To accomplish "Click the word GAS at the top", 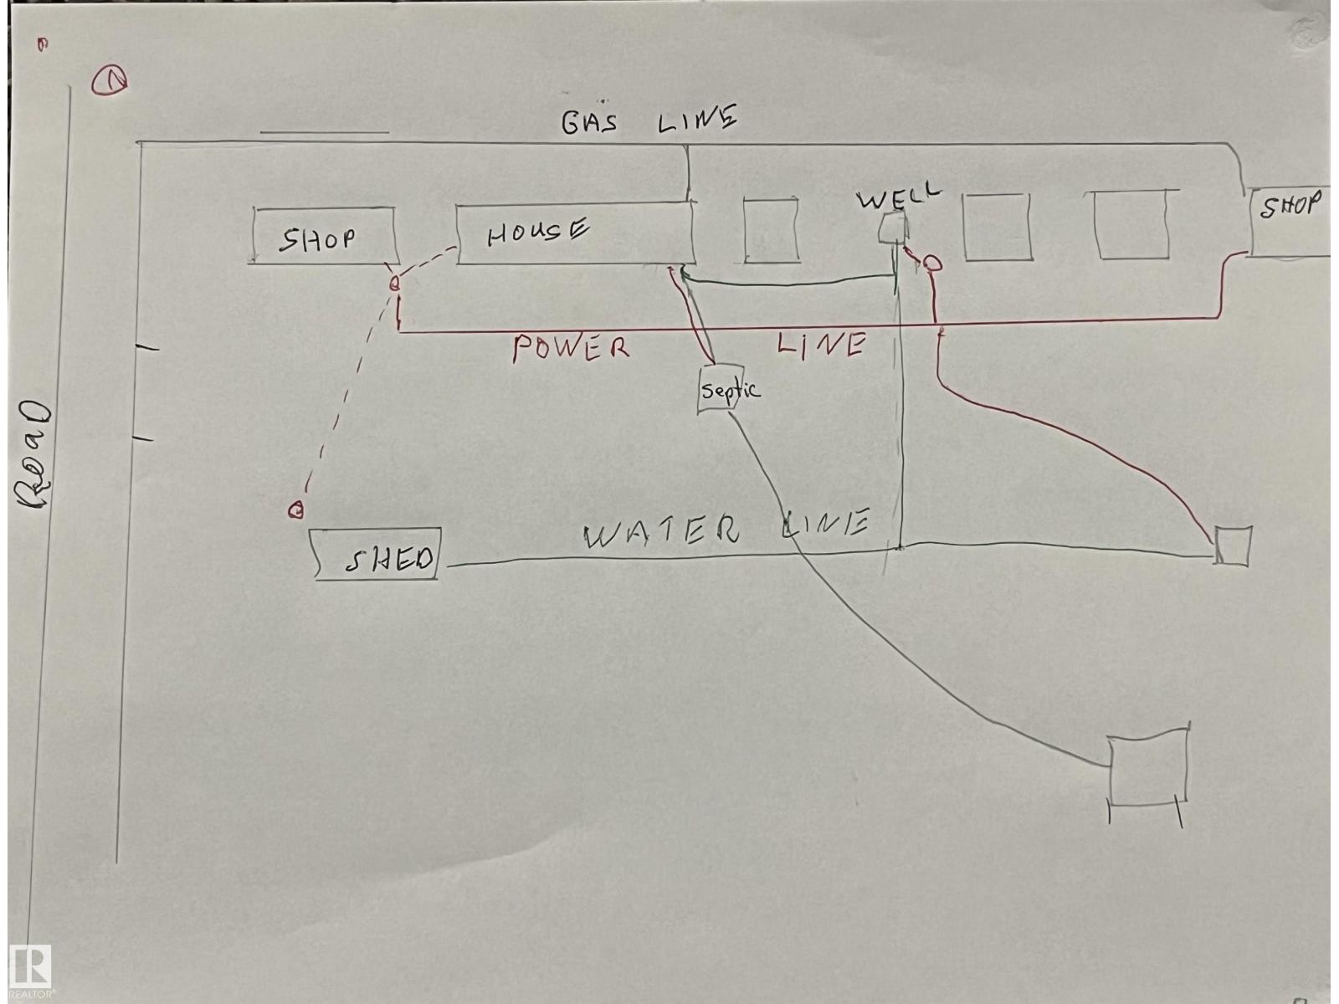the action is tap(589, 121).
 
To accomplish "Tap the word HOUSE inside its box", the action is tap(537, 233).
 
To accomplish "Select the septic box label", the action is tap(731, 390).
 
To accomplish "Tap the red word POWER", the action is tap(571, 348).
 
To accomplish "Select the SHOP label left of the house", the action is tap(316, 239).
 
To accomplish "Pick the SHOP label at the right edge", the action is tap(1290, 205).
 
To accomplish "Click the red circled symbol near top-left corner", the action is tap(109, 80).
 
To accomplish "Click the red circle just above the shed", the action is tap(296, 510).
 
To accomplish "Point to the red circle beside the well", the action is tap(931, 264).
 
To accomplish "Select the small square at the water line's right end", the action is tap(1232, 546).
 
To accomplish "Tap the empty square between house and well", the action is tap(771, 230).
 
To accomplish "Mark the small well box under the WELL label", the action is tap(892, 228).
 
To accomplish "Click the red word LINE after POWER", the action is tap(821, 345).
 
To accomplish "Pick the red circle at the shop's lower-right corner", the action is tap(395, 283).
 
